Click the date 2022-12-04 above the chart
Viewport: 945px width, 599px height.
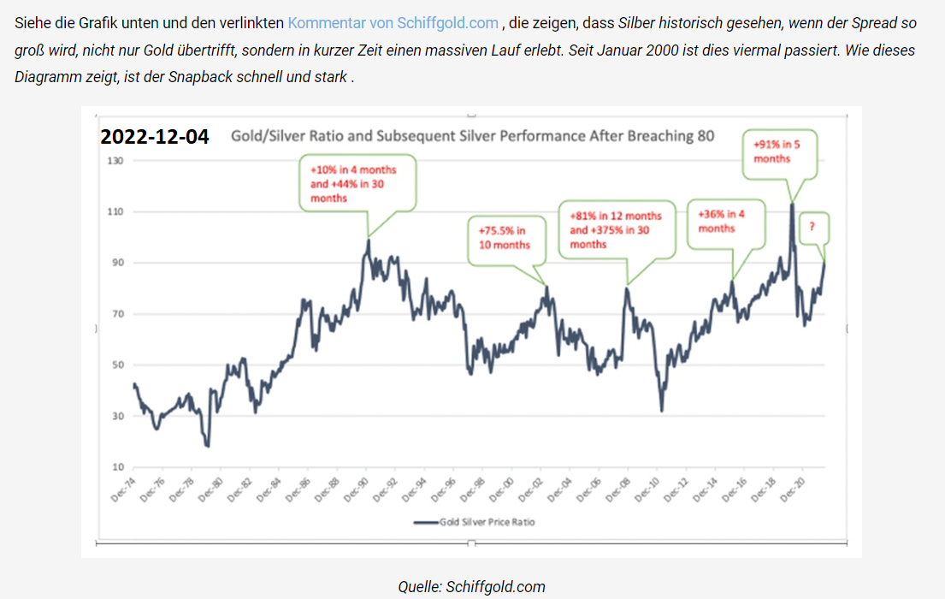click(155, 136)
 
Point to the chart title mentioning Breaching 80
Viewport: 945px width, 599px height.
click(473, 136)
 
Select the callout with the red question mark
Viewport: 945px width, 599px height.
click(812, 228)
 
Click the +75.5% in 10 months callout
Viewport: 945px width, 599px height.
click(505, 237)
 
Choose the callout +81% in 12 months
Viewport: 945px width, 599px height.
click(616, 229)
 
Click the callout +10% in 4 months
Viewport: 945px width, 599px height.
click(357, 182)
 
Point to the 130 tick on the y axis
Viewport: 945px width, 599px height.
click(115, 161)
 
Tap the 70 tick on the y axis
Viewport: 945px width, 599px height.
click(117, 314)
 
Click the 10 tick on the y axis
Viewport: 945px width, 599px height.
click(117, 467)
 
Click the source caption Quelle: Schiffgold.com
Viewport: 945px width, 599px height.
click(471, 586)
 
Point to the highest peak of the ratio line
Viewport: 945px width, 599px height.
click(792, 204)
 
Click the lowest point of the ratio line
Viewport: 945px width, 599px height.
click(208, 446)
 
